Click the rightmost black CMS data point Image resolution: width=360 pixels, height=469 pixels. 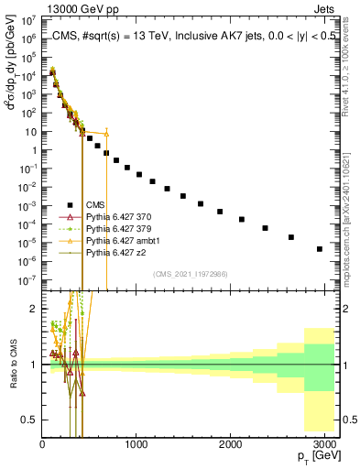pos(319,248)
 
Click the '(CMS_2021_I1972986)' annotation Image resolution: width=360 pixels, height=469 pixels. pos(191,274)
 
